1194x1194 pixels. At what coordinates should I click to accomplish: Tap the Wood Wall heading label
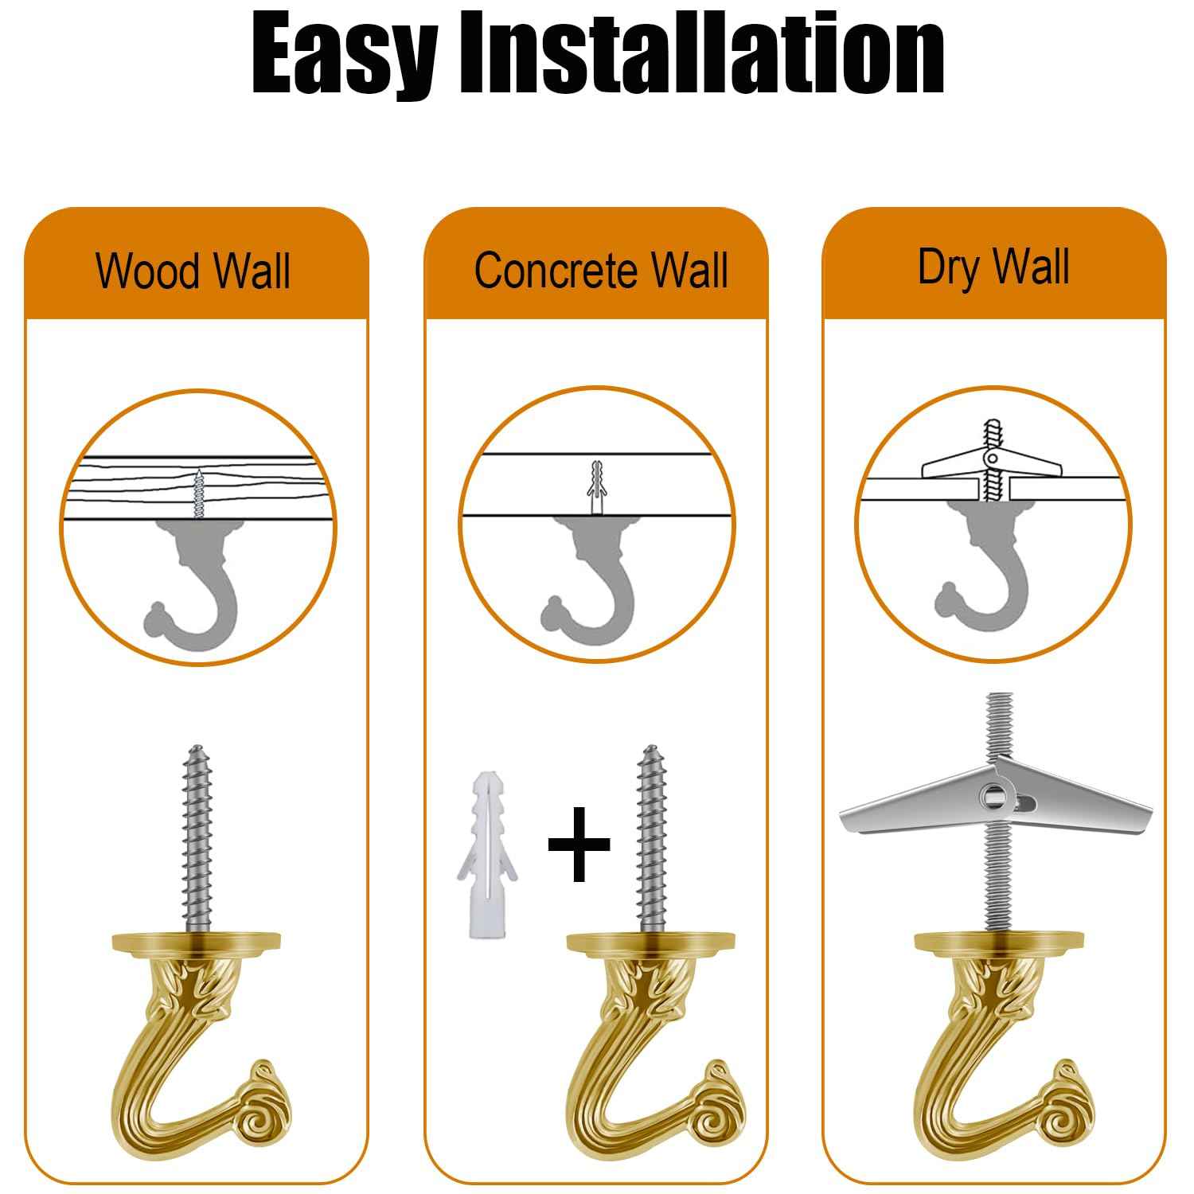[x=193, y=271]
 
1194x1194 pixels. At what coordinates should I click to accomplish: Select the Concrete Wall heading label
[x=601, y=271]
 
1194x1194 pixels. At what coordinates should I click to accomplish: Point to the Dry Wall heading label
[x=993, y=267]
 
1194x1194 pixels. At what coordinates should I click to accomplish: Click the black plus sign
[x=579, y=845]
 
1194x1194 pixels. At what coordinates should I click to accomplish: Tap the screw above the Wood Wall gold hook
[x=197, y=836]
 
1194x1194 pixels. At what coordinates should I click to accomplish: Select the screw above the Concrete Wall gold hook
[x=653, y=836]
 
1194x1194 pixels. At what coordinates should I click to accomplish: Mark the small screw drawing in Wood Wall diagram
[x=199, y=494]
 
